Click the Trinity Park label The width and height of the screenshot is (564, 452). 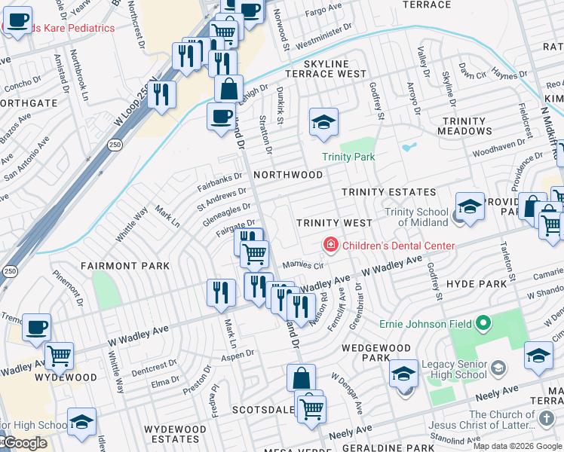348,157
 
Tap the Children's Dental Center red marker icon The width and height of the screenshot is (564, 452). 330,246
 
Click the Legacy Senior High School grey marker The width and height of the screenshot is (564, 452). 497,368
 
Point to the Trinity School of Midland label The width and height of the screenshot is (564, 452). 417,217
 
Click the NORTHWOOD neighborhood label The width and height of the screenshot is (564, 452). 288,175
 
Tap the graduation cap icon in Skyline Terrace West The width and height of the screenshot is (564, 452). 323,122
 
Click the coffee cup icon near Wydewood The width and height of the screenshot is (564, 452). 36,327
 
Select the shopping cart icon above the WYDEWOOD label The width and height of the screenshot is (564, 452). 59,355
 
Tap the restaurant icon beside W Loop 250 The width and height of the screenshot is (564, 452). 161,94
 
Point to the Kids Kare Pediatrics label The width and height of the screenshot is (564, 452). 64,29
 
